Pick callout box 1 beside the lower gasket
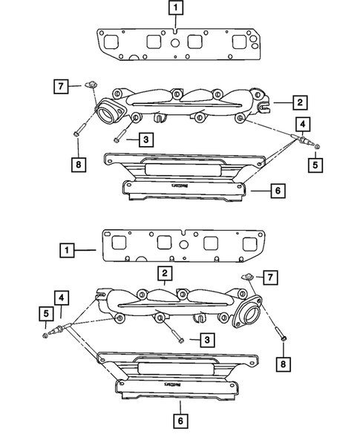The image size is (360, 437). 67,251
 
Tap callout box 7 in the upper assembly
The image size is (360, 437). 62,87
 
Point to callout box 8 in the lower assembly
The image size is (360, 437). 281,364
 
